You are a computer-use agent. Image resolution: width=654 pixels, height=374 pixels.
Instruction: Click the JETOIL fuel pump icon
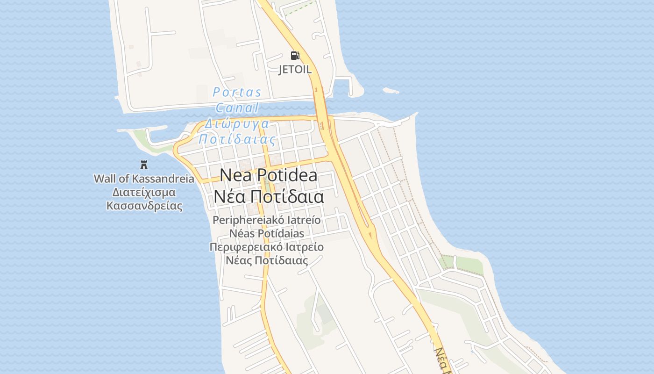(295, 56)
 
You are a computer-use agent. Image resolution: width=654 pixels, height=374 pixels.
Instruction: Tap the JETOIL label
(295, 70)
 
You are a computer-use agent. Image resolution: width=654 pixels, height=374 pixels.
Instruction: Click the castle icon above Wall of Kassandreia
(144, 165)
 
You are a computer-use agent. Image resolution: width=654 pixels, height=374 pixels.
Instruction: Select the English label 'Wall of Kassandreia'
(144, 179)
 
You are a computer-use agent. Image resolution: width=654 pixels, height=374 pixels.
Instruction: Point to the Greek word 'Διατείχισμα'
(144, 192)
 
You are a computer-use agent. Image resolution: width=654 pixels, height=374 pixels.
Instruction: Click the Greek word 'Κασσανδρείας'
(144, 206)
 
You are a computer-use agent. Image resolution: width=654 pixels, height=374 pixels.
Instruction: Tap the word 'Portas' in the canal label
(237, 92)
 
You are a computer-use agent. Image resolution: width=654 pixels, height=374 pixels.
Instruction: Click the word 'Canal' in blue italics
(237, 108)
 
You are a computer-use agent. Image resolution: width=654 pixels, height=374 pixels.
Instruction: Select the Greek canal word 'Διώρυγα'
(237, 124)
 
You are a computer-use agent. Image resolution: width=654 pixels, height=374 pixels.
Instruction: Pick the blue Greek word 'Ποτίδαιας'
(237, 139)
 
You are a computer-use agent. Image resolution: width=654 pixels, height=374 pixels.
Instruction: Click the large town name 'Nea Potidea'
(269, 175)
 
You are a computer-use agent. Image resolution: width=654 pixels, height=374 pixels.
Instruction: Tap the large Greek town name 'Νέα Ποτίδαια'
(269, 197)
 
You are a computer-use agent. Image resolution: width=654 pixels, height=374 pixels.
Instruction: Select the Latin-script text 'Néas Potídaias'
(267, 233)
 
